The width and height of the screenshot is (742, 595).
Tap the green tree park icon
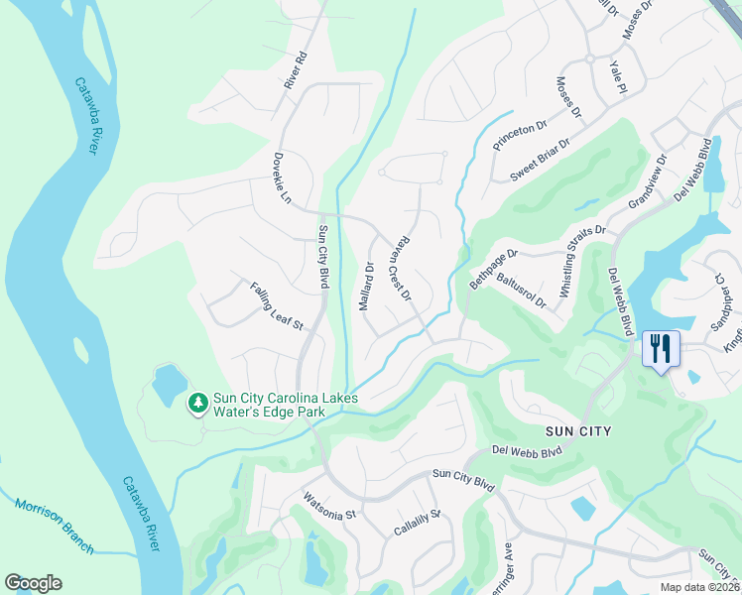pyautogui.click(x=197, y=402)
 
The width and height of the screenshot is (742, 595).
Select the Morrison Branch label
pyautogui.click(x=55, y=526)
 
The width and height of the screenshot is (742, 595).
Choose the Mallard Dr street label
pyautogui.click(x=366, y=287)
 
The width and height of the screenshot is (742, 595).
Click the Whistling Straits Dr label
pyautogui.click(x=583, y=262)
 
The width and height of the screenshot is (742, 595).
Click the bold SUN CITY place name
pyautogui.click(x=579, y=431)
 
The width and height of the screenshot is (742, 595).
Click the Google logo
pyautogui.click(x=33, y=583)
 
